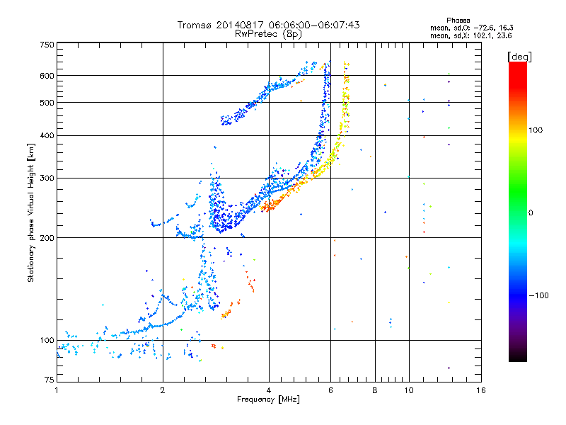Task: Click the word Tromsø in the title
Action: pos(195,25)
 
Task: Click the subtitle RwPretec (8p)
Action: pos(268,34)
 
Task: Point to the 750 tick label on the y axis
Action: pos(47,45)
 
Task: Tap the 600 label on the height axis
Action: pos(47,76)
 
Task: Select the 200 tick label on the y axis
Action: pos(47,238)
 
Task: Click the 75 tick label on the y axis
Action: pos(50,380)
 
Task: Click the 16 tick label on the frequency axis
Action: pos(481,390)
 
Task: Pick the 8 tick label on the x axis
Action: pos(375,390)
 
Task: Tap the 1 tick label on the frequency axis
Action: pos(57,390)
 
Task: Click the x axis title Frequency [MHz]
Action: pos(268,399)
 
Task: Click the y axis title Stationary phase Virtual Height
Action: pos(30,213)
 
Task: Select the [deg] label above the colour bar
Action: pos(519,57)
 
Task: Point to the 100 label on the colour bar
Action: pos(536,130)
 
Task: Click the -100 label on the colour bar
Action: pos(538,295)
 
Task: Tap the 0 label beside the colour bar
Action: pos(531,213)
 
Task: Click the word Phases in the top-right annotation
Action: pos(458,21)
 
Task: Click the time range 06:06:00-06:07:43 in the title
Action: pos(314,25)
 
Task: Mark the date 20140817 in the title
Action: pos(240,25)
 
